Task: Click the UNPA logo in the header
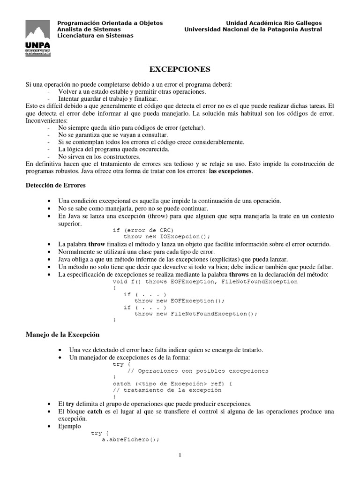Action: tap(37, 39)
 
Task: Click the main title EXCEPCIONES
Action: tap(180, 69)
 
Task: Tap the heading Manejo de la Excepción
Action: tap(62, 335)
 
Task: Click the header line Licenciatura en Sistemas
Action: tap(95, 36)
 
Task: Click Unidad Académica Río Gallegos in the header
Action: tap(274, 23)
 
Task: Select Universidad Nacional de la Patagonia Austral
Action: tap(253, 29)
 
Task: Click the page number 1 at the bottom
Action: tap(180, 455)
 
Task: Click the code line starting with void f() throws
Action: tap(205, 282)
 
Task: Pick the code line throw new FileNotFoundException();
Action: tap(196, 314)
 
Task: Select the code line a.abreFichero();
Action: tap(131, 440)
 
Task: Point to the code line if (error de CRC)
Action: tap(143, 230)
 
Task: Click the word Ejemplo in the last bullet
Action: tap(70, 427)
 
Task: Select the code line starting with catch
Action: tap(172, 383)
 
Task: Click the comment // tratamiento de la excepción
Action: tap(167, 390)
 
